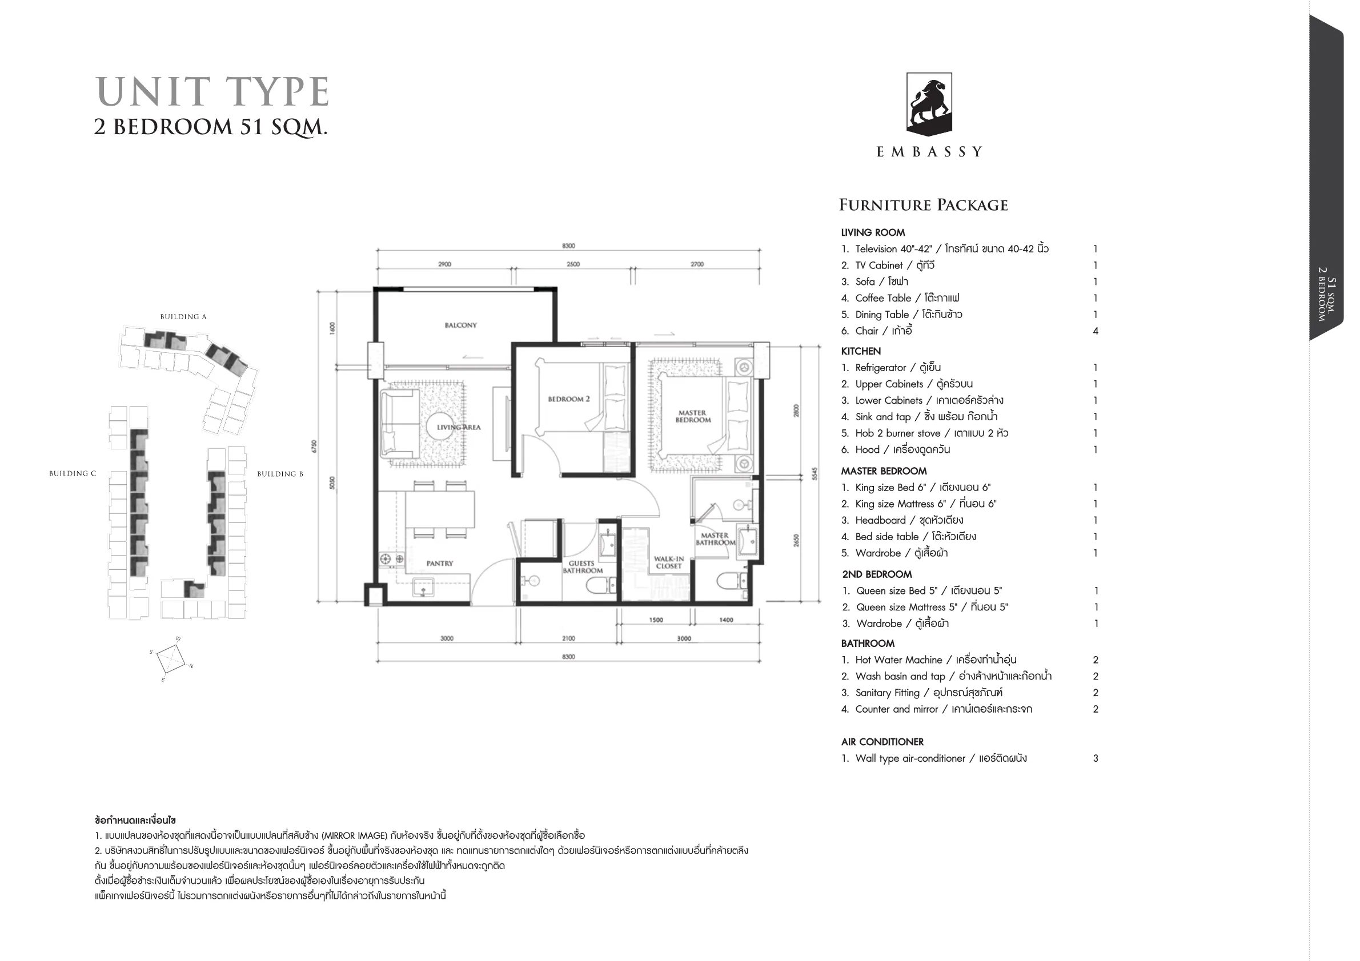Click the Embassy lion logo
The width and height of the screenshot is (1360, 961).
click(x=929, y=104)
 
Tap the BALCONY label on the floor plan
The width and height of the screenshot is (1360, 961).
click(x=460, y=325)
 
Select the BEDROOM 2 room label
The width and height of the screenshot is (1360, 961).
click(x=569, y=399)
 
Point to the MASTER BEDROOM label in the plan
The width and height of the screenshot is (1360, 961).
click(x=692, y=416)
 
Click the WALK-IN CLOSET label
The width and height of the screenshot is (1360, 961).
click(x=669, y=562)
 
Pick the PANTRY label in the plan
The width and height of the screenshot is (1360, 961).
click(x=439, y=563)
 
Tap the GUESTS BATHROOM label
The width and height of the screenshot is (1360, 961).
click(x=582, y=566)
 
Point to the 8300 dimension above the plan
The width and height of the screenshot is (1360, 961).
click(x=568, y=246)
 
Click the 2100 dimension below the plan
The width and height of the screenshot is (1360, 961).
click(x=568, y=638)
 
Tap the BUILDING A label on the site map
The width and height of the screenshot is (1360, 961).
click(x=183, y=317)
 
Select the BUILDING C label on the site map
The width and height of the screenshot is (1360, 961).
click(x=73, y=474)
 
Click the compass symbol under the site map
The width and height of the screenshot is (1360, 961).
click(x=171, y=659)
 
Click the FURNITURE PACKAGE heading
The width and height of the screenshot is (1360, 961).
click(x=923, y=205)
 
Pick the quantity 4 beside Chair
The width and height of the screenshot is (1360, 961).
click(x=1095, y=331)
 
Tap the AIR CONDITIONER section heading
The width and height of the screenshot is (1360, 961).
click(x=882, y=742)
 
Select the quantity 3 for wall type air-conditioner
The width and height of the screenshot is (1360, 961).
click(x=1095, y=758)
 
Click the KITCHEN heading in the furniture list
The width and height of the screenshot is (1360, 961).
click(x=861, y=351)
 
